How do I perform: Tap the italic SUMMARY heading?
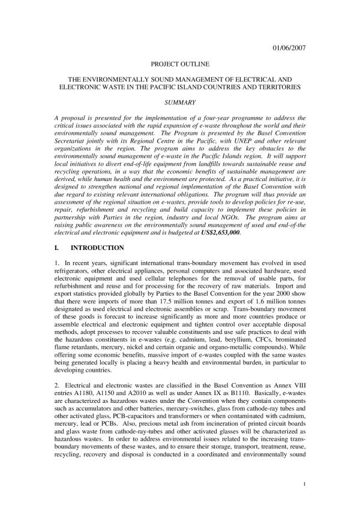tap(179, 103)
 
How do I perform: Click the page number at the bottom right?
tap(305, 483)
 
